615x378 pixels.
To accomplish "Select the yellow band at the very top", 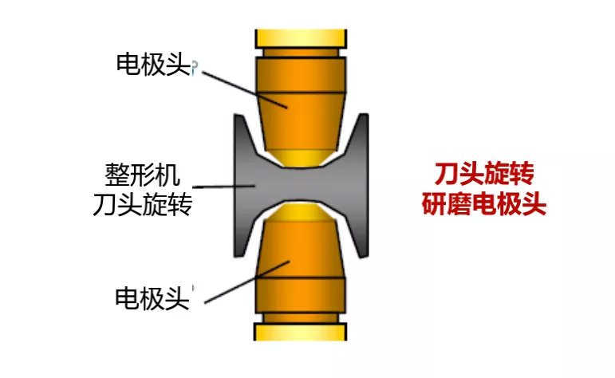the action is coord(301,37).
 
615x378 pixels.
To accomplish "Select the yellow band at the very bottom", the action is coord(301,332).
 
